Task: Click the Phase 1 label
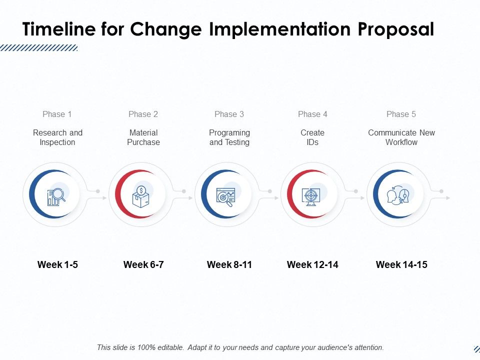point(57,114)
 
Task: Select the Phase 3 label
point(229,114)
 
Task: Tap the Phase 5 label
point(401,114)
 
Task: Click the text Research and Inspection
point(57,137)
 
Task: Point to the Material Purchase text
point(143,137)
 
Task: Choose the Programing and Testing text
point(229,137)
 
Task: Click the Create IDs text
point(312,137)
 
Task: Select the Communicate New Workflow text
point(401,137)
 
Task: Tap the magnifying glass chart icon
point(56,196)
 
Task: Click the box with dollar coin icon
point(142,196)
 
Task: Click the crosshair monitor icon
point(311,196)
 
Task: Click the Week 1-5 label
point(57,264)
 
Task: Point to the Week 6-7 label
point(143,264)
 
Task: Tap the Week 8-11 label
point(229,264)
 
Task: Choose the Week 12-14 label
point(312,264)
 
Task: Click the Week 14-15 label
point(401,264)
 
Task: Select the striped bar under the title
point(38,48)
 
